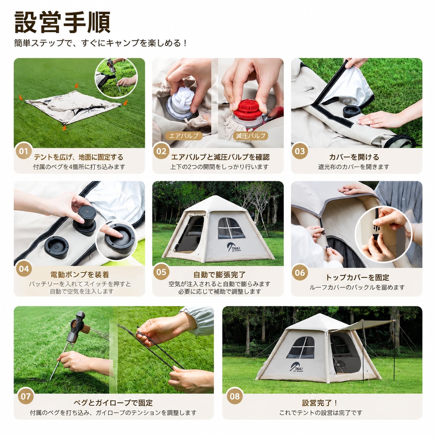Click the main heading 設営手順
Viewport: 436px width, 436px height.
tap(63, 23)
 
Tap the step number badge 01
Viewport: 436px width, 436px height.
tap(24, 151)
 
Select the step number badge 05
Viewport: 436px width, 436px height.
tap(161, 272)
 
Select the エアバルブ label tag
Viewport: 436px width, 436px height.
tap(184, 136)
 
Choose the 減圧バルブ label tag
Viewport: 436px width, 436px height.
tap(250, 136)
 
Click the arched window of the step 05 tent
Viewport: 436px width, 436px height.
tap(231, 228)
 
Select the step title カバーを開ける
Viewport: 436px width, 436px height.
tap(354, 157)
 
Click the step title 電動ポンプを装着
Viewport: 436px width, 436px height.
tap(80, 274)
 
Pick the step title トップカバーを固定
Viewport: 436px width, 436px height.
tap(357, 277)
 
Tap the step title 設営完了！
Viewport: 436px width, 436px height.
tap(320, 403)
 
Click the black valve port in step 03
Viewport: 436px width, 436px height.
tap(352, 111)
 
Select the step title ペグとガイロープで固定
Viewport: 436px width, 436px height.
tap(113, 403)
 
